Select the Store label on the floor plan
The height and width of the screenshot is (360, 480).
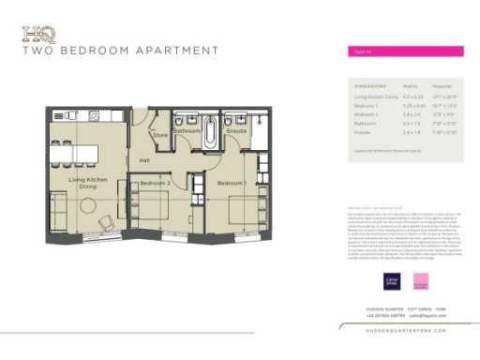[x=160, y=136]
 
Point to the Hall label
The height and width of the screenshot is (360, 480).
[x=144, y=161]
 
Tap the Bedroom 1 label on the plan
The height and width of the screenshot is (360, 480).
[x=230, y=183]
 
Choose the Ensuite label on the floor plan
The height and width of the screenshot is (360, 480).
[x=236, y=132]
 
